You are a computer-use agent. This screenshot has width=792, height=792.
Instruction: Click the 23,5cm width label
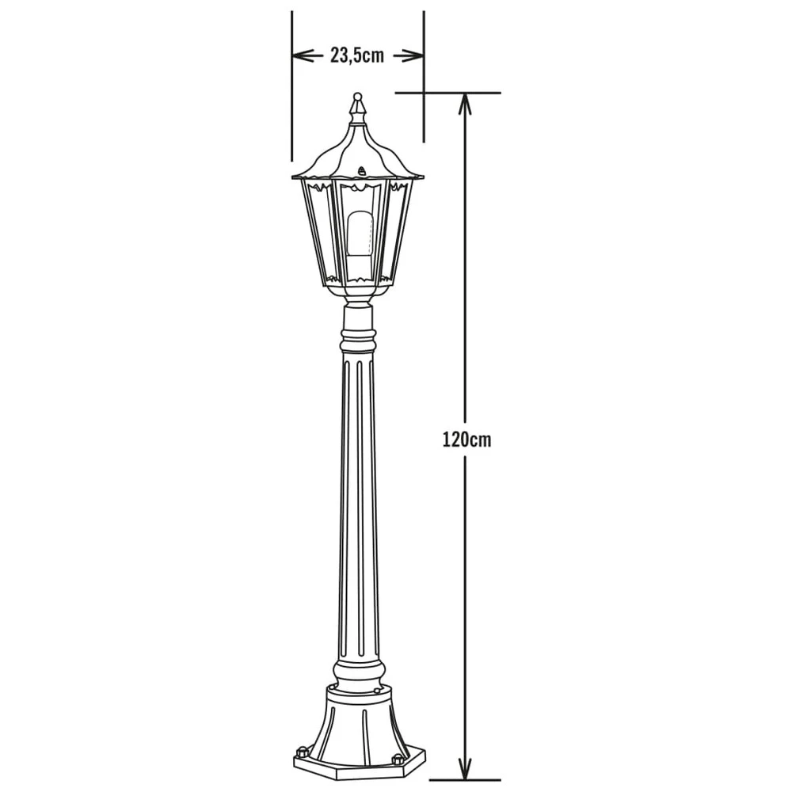pyautogui.click(x=357, y=55)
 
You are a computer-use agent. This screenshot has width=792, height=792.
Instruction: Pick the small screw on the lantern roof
pyautogui.click(x=362, y=169)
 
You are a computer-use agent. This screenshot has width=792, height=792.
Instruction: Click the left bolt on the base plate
pyautogui.click(x=302, y=750)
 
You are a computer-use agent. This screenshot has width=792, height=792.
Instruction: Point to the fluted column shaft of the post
pyautogui.click(x=358, y=515)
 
